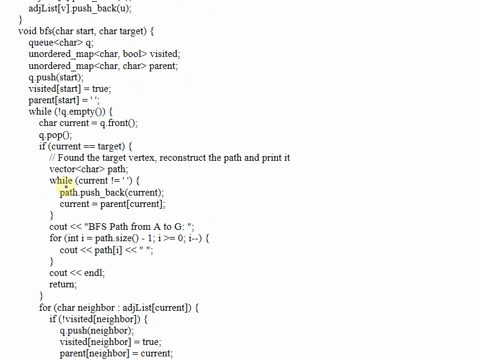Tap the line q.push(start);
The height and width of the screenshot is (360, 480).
tap(56, 77)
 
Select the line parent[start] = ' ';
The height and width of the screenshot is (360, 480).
tap(64, 100)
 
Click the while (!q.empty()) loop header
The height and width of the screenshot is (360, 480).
tap(70, 112)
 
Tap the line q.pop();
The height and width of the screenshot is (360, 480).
tap(56, 135)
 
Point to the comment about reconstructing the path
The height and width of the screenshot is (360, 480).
tap(170, 158)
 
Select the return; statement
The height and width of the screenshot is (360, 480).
tap(63, 284)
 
